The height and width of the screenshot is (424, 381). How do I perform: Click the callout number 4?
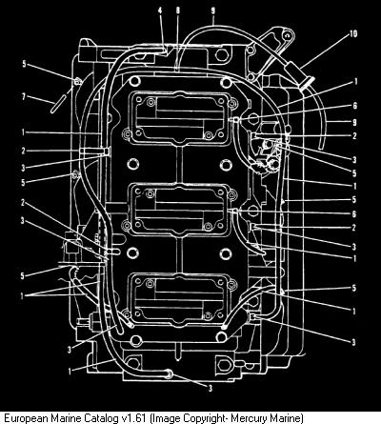point(160,10)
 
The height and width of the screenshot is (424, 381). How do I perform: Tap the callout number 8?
point(178,10)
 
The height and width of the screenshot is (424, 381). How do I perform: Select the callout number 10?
point(353,33)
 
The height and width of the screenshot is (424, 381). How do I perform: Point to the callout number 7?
point(24,96)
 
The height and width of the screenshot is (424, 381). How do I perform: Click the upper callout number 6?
point(355,106)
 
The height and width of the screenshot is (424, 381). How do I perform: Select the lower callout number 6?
point(355,213)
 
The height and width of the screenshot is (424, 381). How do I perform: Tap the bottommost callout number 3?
point(210,388)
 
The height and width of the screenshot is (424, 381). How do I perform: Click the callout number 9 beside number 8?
point(213,10)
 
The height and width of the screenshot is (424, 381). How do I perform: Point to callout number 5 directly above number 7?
point(24,64)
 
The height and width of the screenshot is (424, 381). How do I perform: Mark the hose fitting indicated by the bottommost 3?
point(169,374)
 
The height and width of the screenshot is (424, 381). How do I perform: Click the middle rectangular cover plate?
point(180,209)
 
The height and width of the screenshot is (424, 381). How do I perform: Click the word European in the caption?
point(25,417)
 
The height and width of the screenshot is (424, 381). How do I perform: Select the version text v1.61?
point(132,417)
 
